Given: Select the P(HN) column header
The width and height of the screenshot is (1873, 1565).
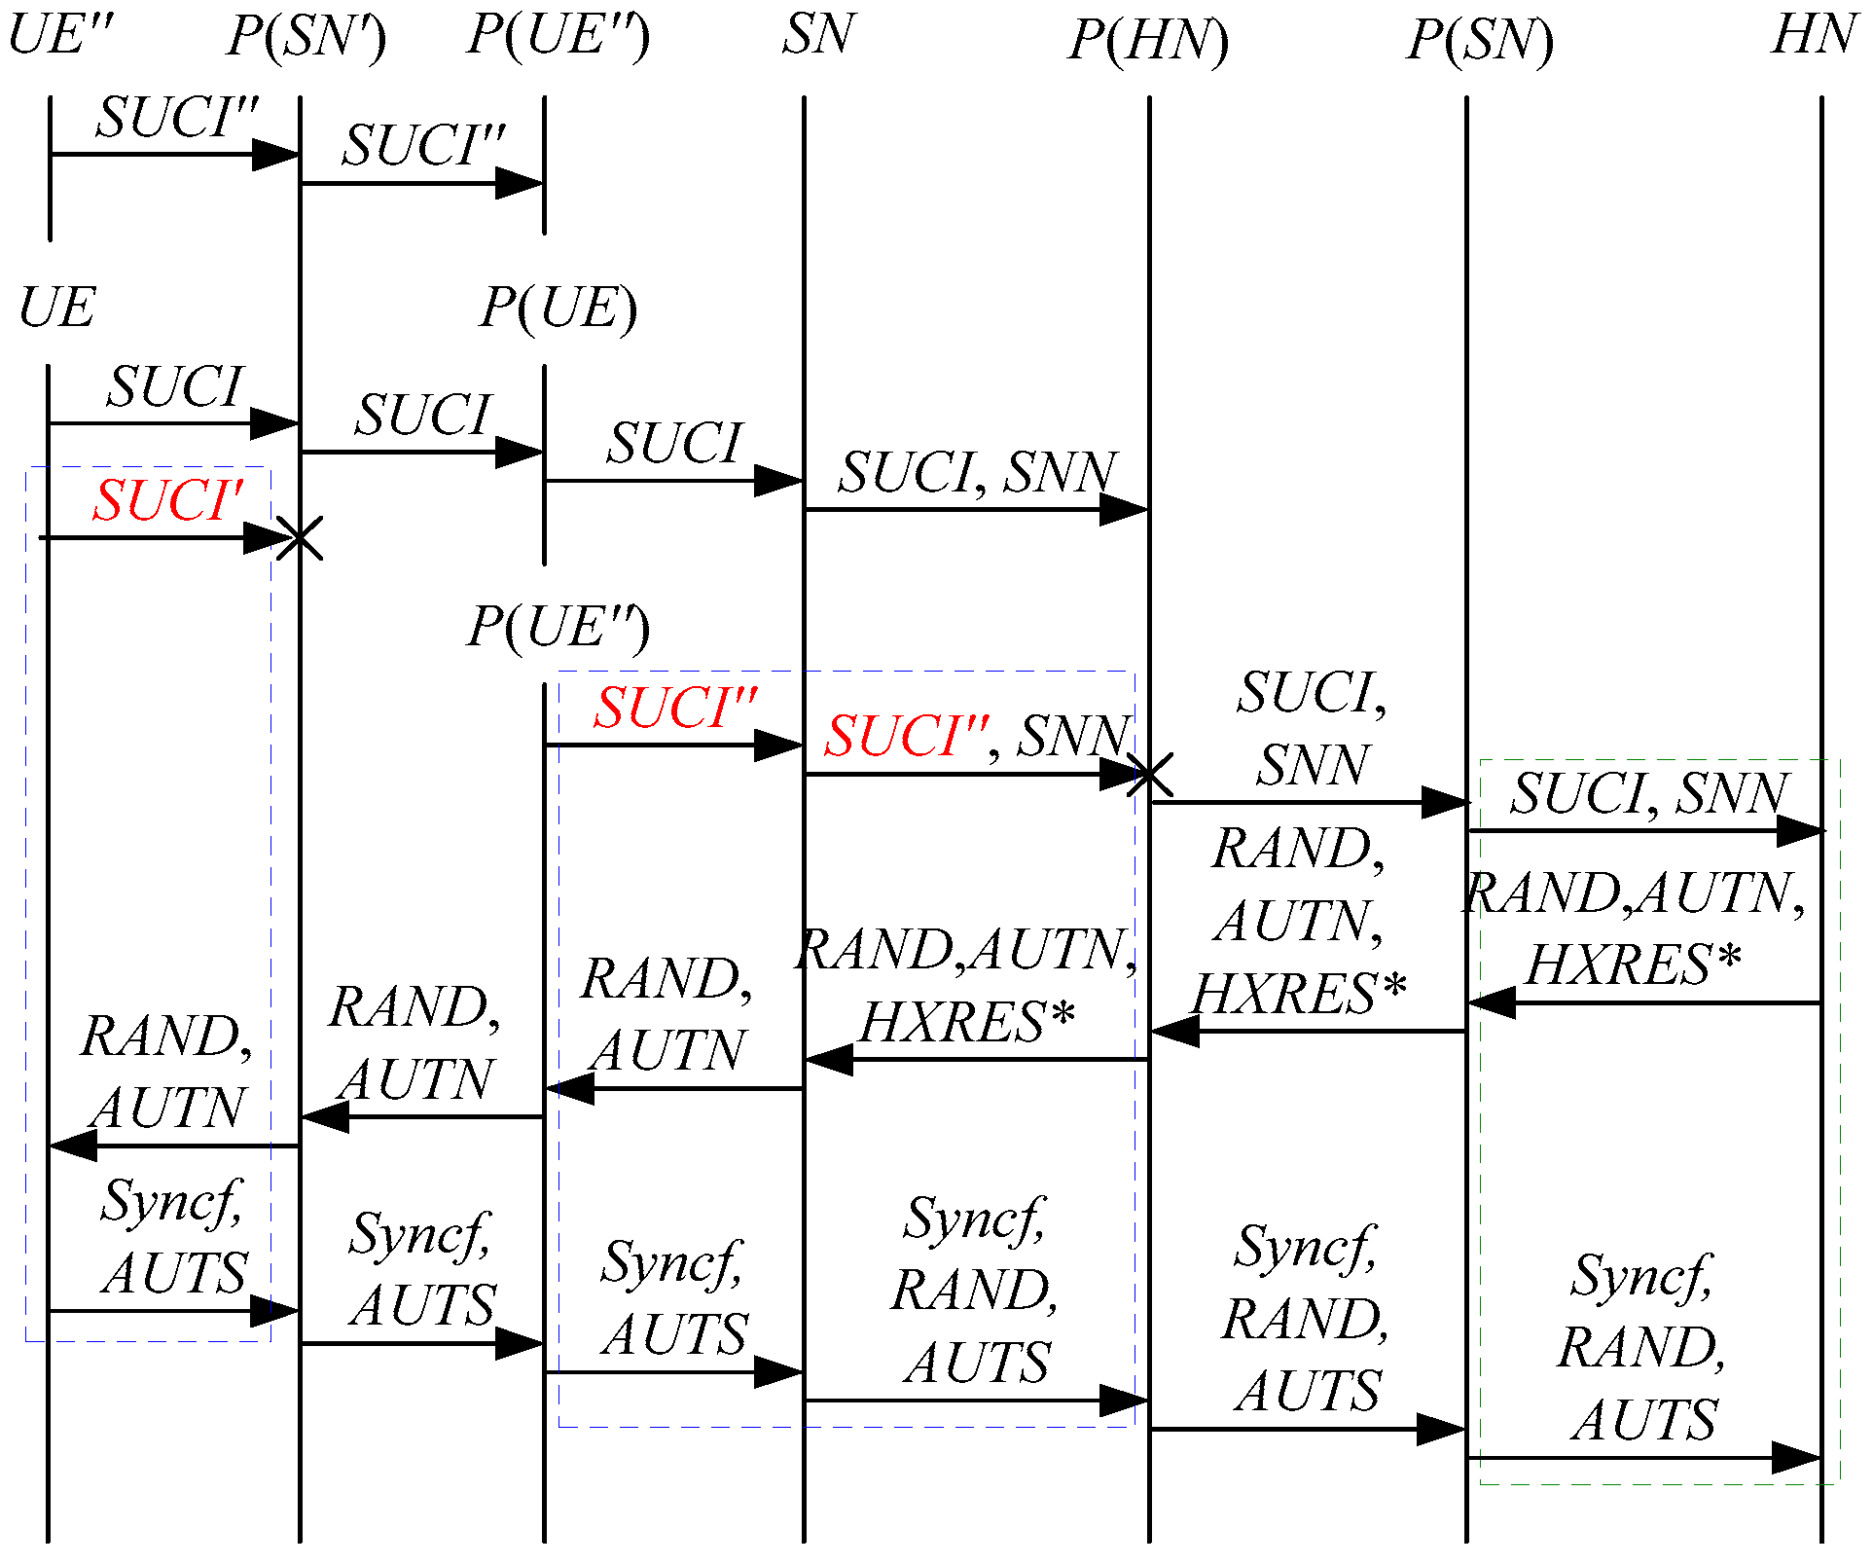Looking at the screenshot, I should (1148, 41).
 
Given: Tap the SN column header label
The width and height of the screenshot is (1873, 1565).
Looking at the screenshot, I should (818, 35).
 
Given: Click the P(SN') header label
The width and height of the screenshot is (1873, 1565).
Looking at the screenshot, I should (306, 37).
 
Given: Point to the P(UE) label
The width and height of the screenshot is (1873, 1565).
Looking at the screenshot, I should (558, 309).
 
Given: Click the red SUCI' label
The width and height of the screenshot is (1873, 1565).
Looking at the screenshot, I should (167, 501).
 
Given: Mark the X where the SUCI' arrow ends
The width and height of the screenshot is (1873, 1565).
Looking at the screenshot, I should (299, 538).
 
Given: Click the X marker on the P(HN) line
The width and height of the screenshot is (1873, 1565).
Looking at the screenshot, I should (1149, 775).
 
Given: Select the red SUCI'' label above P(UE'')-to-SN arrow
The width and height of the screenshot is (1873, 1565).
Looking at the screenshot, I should (675, 708).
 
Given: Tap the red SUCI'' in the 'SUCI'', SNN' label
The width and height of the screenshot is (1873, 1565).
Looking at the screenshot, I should (906, 736).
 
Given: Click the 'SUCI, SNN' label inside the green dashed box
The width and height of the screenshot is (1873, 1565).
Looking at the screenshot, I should (1649, 793).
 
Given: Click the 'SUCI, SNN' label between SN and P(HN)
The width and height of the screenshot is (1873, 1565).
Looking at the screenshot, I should (977, 473).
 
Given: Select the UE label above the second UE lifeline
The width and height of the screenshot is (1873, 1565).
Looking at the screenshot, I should (56, 309).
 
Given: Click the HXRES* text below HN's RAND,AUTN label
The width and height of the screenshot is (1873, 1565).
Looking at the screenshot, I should (1633, 965).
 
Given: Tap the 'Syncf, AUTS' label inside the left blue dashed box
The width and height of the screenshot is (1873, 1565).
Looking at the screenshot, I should (173, 1237).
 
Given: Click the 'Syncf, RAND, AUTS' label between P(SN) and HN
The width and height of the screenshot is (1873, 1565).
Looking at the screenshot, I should (1642, 1348).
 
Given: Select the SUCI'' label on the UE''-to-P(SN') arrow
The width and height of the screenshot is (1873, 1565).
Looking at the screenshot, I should (177, 118).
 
